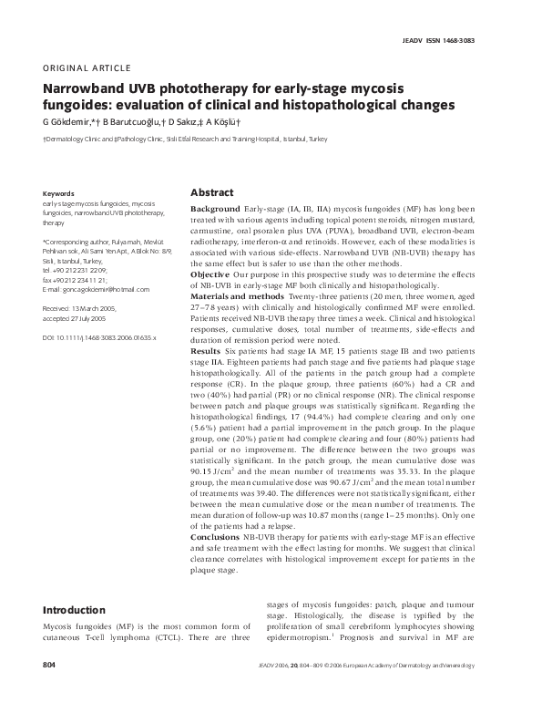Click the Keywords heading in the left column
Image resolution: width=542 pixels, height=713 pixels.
pyautogui.click(x=59, y=194)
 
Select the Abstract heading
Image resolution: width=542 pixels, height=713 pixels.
pyautogui.click(x=211, y=193)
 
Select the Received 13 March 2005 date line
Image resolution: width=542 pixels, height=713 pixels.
pyautogui.click(x=82, y=309)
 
